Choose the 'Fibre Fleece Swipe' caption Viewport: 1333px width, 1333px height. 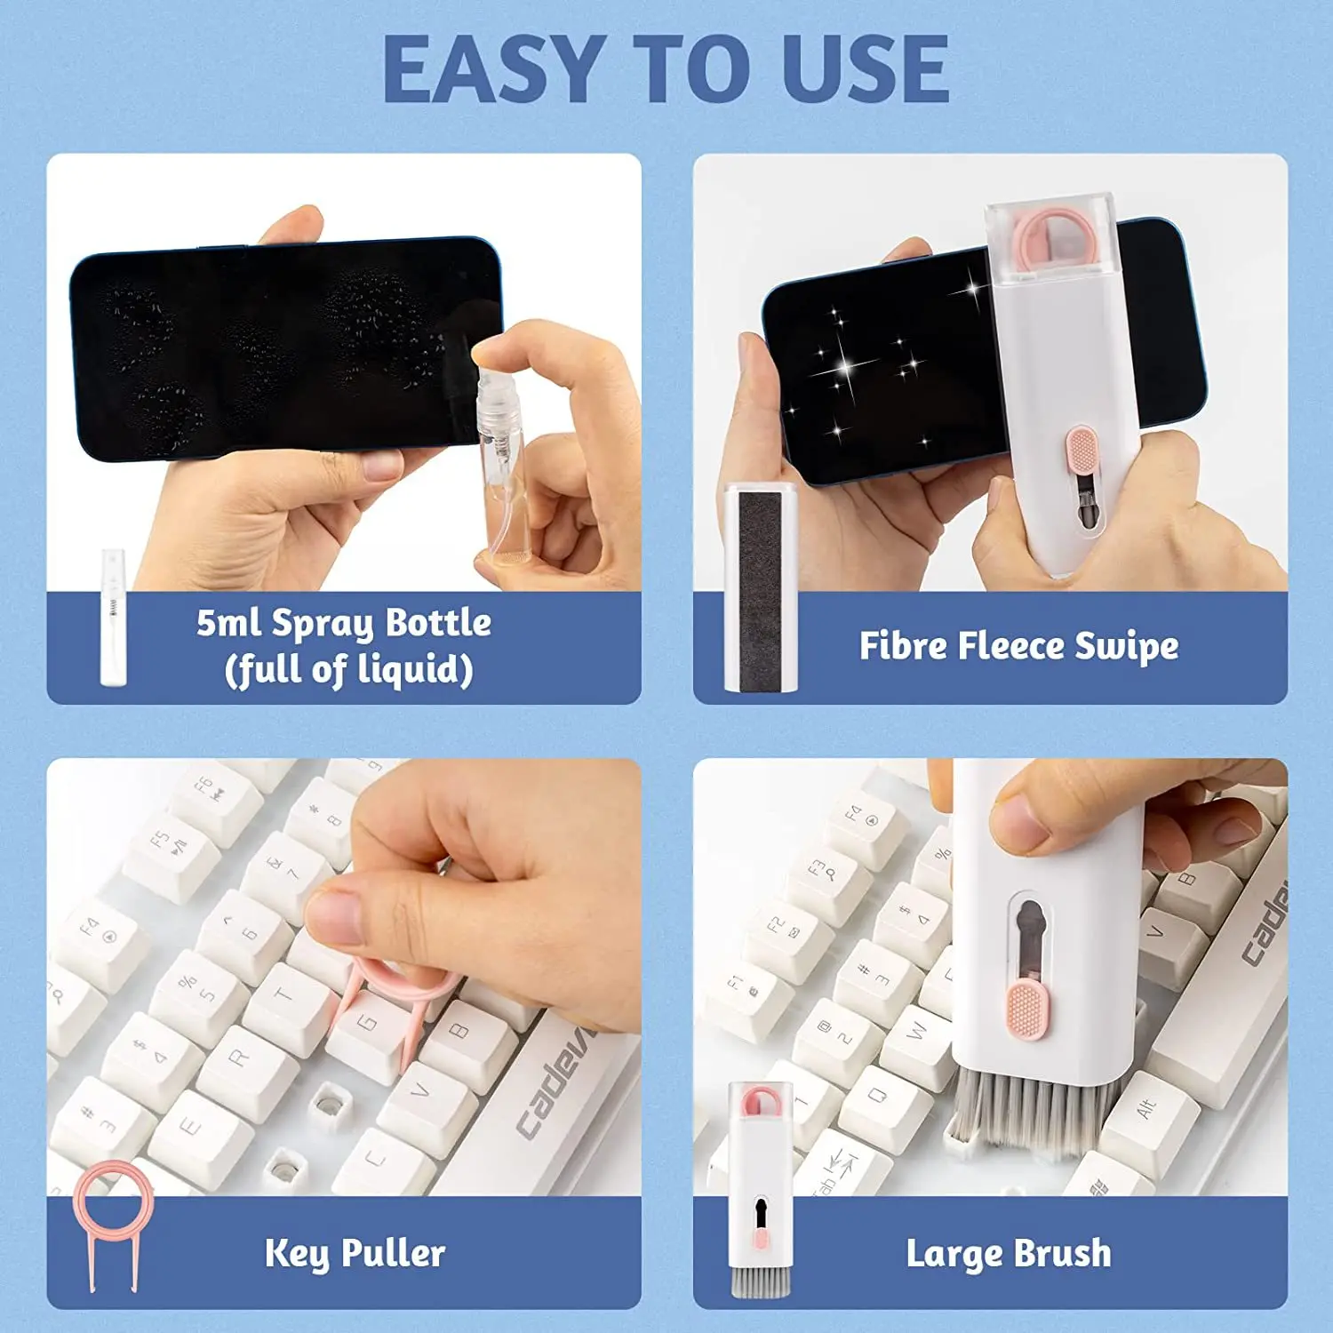(1018, 646)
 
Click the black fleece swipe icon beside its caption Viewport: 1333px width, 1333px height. (761, 588)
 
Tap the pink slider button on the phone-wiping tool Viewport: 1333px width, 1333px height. (1082, 451)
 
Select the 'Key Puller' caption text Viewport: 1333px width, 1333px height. (355, 1253)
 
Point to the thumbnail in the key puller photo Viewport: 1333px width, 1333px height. (333, 915)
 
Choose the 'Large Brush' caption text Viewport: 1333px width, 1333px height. (1009, 1254)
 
